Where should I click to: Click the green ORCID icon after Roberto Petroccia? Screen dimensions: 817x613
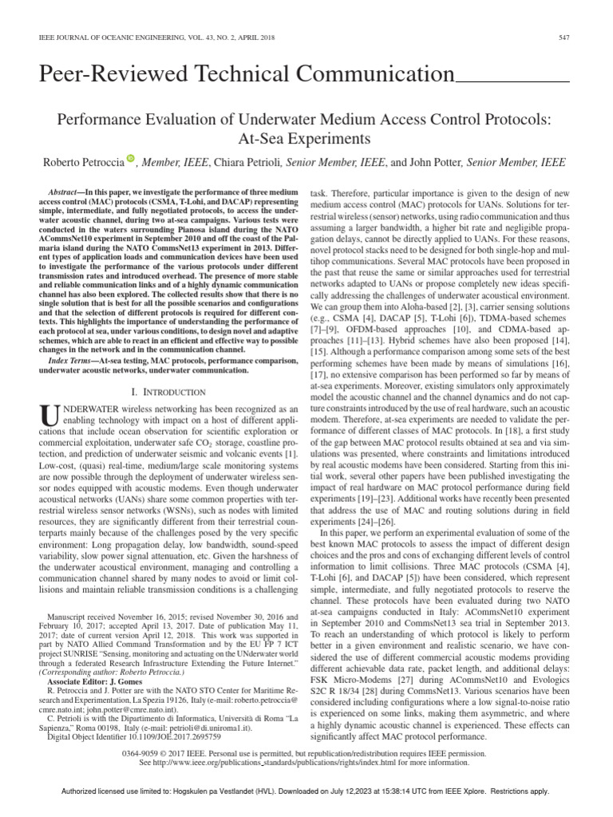point(132,161)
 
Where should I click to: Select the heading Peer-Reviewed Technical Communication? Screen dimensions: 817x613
point(246,76)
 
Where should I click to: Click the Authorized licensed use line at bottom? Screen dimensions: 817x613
point(306,791)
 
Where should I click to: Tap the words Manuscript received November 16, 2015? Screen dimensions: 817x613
point(121,618)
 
